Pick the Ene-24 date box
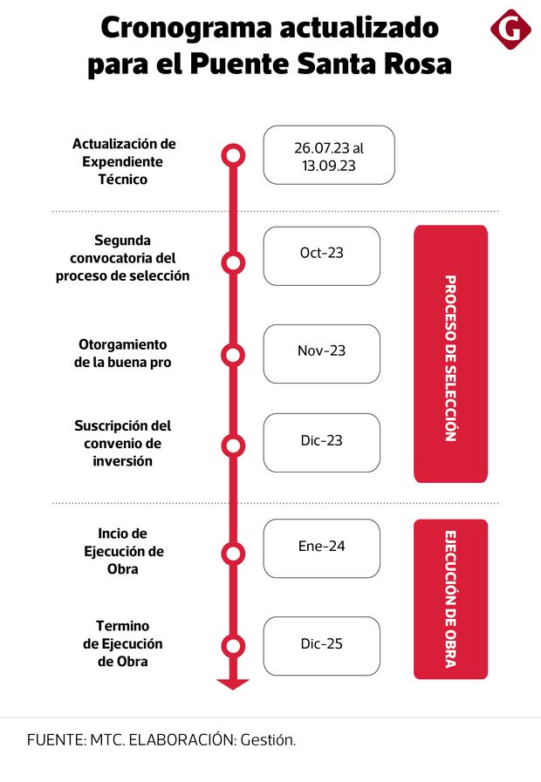click(322, 547)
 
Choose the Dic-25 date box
click(322, 645)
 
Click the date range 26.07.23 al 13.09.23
click(329, 155)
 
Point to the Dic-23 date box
click(322, 442)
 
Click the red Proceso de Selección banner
click(450, 354)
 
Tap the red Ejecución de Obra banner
click(450, 599)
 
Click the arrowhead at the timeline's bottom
click(233, 683)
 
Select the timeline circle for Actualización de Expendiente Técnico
click(233, 156)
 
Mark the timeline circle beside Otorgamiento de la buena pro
click(233, 355)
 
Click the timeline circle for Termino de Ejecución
click(233, 646)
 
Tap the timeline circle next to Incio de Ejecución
click(233, 553)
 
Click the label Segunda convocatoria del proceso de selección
click(123, 258)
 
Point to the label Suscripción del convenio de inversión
click(123, 443)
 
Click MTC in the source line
click(107, 740)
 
